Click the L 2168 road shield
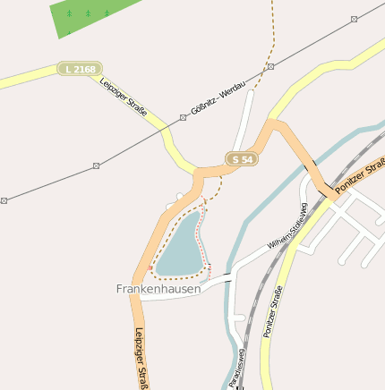80,69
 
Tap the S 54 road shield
242,158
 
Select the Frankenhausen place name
158,289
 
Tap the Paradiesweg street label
235,372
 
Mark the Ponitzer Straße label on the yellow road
272,311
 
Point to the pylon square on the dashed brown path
270,66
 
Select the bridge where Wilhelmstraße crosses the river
228,276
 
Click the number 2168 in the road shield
85,69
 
